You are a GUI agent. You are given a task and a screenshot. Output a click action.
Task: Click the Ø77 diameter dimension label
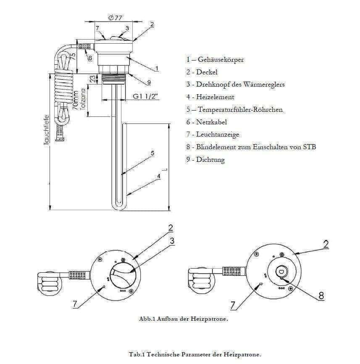pyautogui.click(x=115, y=18)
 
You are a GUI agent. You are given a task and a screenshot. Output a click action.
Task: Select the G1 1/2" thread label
pyautogui.click(x=145, y=96)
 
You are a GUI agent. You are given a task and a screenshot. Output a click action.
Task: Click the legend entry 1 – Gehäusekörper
pyautogui.click(x=215, y=60)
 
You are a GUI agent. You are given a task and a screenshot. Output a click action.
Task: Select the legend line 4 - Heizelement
pyautogui.click(x=210, y=97)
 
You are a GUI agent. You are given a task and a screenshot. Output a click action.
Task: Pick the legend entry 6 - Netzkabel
pyautogui.click(x=207, y=122)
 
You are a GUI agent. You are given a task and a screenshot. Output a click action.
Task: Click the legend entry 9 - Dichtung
pyautogui.click(x=205, y=160)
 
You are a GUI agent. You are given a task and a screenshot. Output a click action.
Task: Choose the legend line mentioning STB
pyautogui.click(x=251, y=147)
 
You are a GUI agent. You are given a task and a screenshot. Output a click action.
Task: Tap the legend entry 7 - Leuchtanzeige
pyautogui.click(x=213, y=135)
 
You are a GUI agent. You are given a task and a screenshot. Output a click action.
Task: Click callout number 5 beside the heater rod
pyautogui.click(x=152, y=153)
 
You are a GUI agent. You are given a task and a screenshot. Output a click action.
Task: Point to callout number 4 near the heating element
pyautogui.click(x=158, y=177)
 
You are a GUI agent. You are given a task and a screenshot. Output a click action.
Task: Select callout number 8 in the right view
pyautogui.click(x=321, y=295)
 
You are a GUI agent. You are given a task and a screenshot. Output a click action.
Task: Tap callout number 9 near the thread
pyautogui.click(x=149, y=82)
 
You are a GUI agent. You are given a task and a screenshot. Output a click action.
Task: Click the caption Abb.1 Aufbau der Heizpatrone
pyautogui.click(x=183, y=319)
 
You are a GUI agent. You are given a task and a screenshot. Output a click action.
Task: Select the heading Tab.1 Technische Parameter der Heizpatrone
pyautogui.click(x=195, y=355)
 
